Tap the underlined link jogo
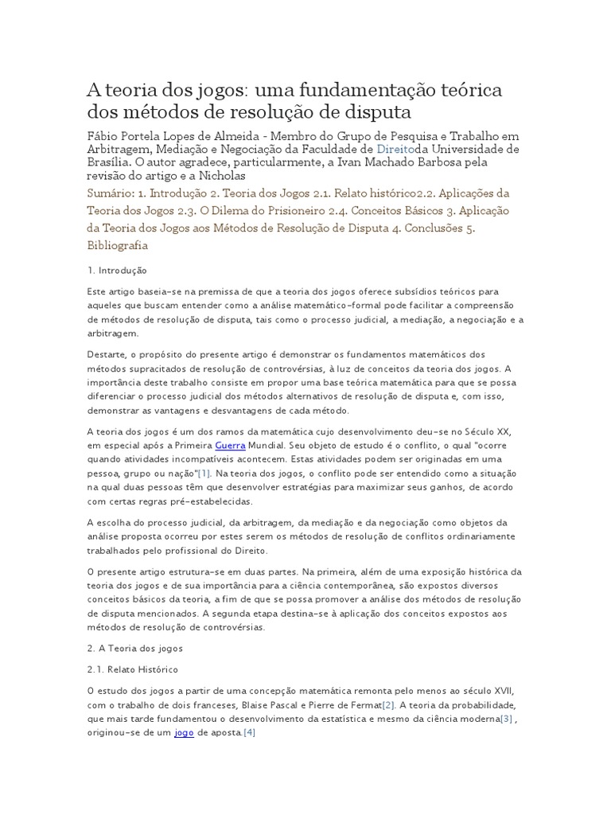(184, 732)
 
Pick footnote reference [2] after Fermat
(387, 705)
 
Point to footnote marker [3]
(506, 719)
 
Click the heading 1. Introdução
(117, 271)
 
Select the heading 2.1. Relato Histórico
(133, 669)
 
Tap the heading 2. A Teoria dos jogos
(135, 648)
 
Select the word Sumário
(109, 193)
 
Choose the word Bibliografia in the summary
(118, 246)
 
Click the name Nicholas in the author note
(218, 176)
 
